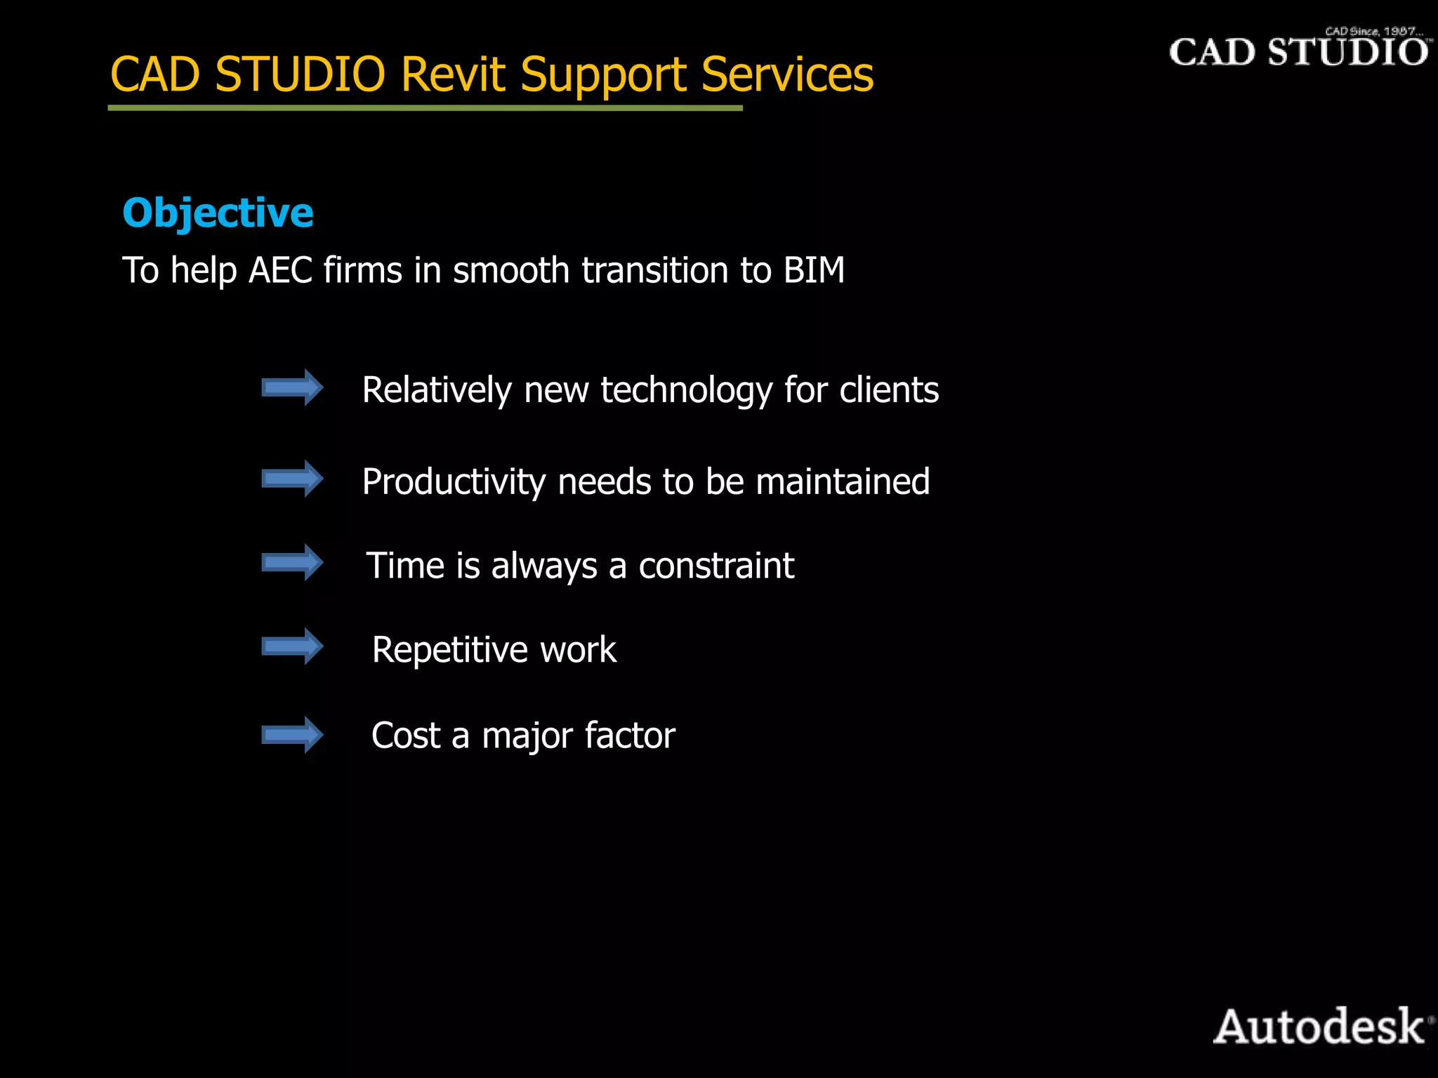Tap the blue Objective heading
218,213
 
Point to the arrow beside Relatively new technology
292,387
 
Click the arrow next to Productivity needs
292,479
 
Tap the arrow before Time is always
292,562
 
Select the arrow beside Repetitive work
292,646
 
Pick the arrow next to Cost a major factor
292,735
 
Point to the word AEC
280,270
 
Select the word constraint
716,566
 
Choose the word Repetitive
450,650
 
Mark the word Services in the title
787,74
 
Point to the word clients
889,390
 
